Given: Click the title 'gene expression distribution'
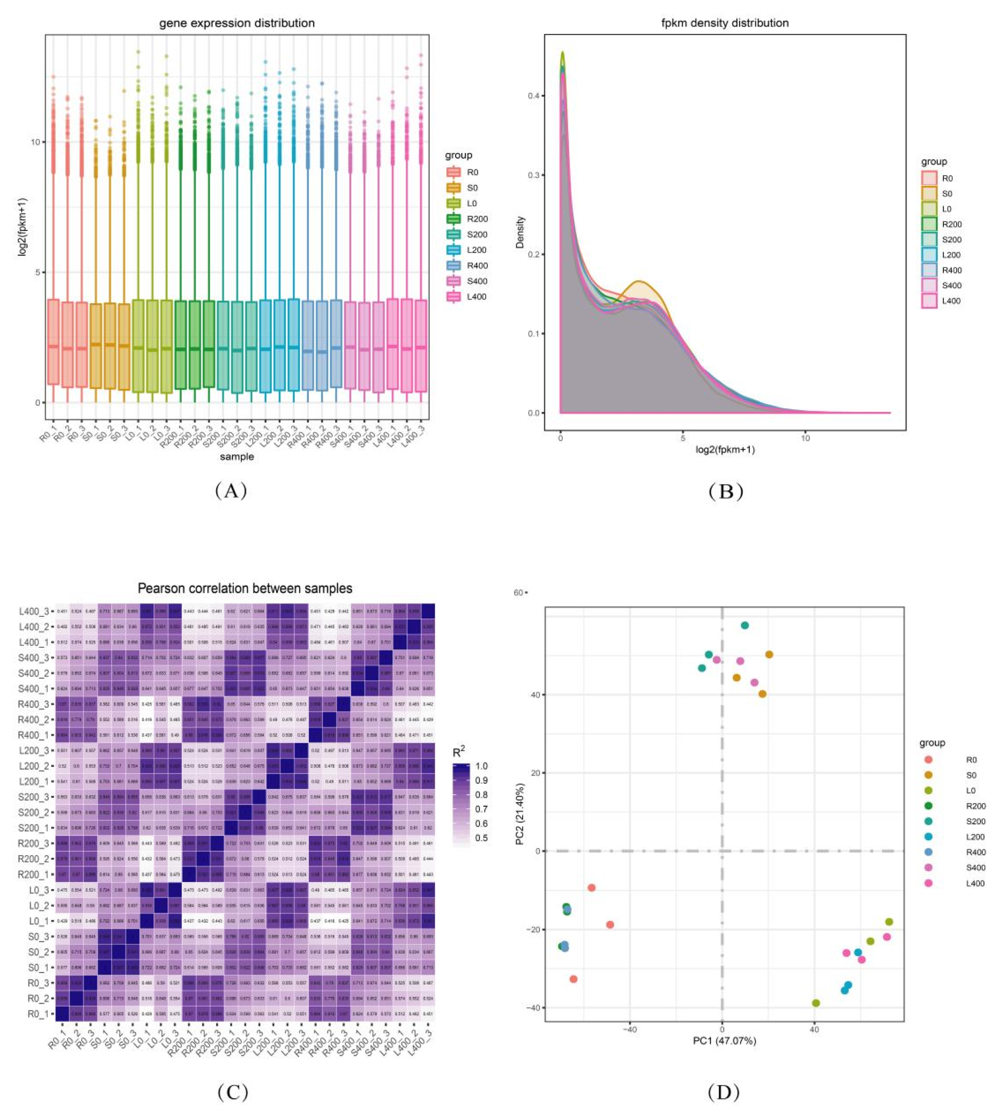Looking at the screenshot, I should coord(237,23).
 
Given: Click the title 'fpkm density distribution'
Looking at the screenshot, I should coord(725,23).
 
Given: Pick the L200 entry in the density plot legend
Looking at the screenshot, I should coord(951,255).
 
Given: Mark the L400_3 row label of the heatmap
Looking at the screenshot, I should coord(34,612).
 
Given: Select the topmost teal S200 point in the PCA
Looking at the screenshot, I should coord(745,625).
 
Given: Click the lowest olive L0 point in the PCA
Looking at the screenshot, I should coord(816,1003).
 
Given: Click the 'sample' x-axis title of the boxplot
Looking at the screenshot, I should coord(237,456).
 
